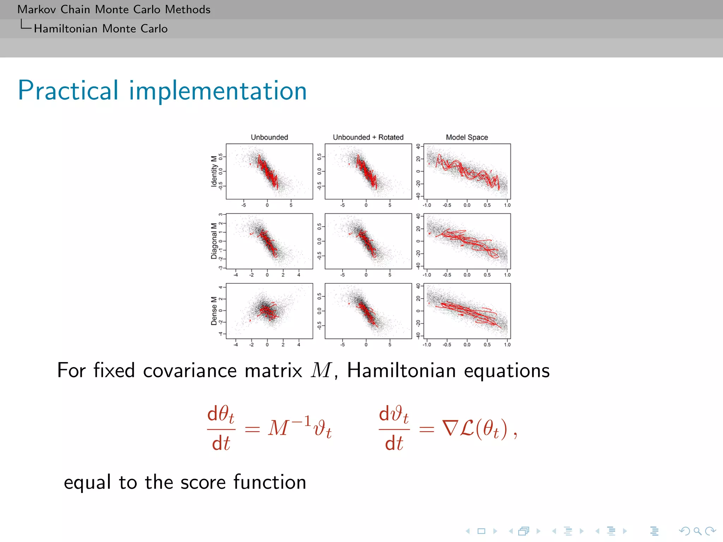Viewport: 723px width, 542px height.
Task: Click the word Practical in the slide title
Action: (x=68, y=91)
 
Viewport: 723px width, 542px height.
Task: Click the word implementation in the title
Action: (x=218, y=91)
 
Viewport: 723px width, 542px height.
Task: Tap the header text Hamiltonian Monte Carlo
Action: (x=101, y=29)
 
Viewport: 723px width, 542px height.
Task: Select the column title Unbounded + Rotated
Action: (x=368, y=137)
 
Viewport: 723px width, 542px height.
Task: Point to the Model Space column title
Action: (x=467, y=137)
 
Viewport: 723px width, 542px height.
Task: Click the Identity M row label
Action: (x=214, y=171)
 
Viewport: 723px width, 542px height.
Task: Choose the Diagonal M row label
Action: (x=214, y=241)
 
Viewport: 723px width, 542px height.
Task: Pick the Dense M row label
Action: (x=214, y=311)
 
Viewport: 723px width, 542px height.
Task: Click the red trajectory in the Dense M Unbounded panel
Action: (x=268, y=312)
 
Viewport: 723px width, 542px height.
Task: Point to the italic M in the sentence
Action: (x=321, y=371)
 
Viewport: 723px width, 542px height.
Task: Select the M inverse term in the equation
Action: (x=289, y=427)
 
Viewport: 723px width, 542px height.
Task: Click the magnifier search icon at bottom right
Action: (x=697, y=531)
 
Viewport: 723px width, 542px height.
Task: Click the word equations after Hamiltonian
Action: (x=507, y=371)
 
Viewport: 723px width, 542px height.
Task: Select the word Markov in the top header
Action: (x=37, y=9)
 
